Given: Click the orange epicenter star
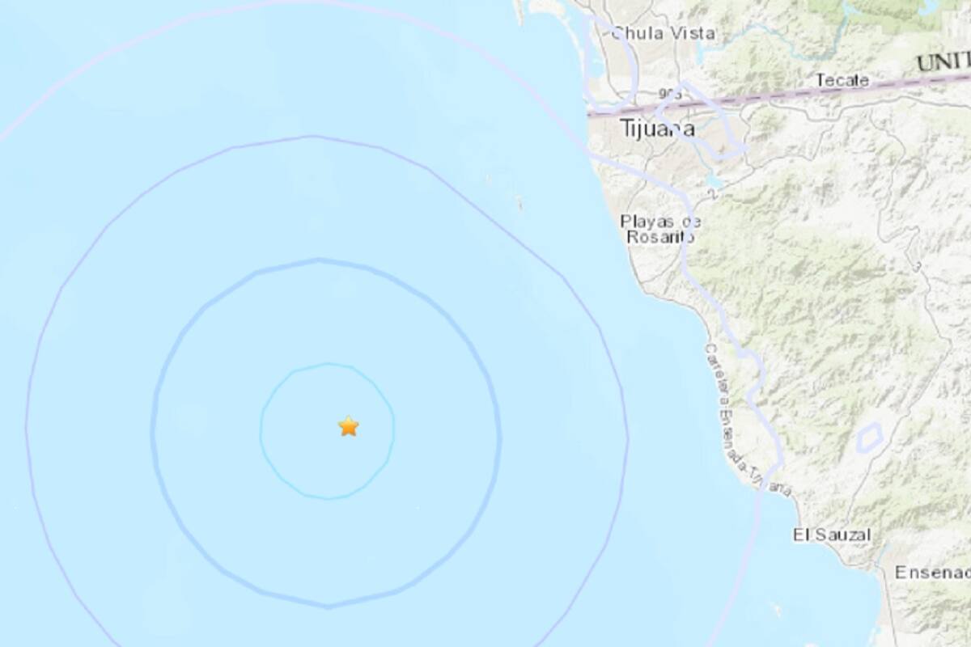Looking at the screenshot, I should [x=348, y=426].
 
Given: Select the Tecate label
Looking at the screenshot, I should [x=842, y=80].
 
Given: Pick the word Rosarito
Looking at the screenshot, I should [x=659, y=236].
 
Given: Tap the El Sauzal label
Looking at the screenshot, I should [x=832, y=535].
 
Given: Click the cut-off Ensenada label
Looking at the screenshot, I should [x=931, y=573].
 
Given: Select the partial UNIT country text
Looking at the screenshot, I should [x=943, y=61].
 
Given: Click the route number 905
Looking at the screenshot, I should [x=669, y=95].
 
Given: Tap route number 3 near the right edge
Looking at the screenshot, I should [x=917, y=265].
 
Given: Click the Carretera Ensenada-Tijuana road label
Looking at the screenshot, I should [x=744, y=421].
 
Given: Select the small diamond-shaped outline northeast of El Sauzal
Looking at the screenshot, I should [x=869, y=438].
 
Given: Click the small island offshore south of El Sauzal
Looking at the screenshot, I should [x=777, y=607].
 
